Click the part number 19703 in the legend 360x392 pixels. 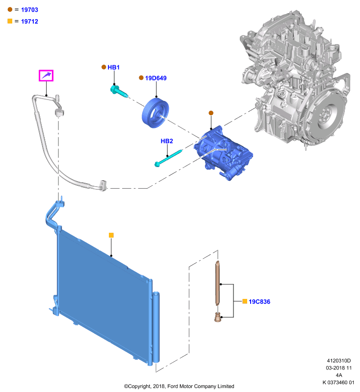(x=29, y=10)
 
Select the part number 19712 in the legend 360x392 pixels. (x=29, y=22)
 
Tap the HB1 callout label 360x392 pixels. (x=113, y=67)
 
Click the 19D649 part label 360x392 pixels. (x=155, y=78)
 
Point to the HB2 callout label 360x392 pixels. (x=167, y=141)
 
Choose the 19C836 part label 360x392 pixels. (x=259, y=301)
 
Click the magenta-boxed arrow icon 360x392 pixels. (x=46, y=75)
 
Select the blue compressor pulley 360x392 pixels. (x=155, y=113)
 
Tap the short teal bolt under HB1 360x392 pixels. (x=119, y=91)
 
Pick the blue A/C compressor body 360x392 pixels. (x=223, y=153)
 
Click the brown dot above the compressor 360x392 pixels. (x=211, y=113)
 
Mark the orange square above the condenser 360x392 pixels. (x=111, y=235)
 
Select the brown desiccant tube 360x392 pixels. (x=217, y=283)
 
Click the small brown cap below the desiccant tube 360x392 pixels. (x=218, y=318)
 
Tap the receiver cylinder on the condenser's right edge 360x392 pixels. (x=156, y=327)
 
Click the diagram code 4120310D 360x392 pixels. (x=339, y=361)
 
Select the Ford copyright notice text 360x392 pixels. (x=179, y=386)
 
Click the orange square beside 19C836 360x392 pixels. (x=245, y=301)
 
